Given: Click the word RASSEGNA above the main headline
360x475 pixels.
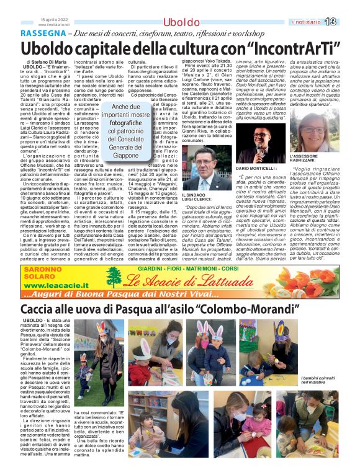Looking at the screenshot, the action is (42, 33).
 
